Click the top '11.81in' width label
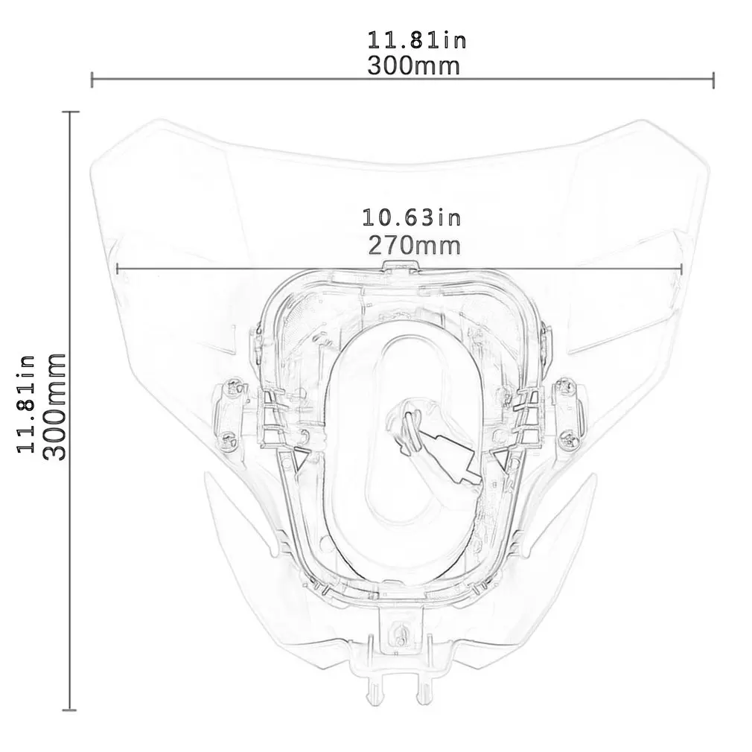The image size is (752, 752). tap(416, 39)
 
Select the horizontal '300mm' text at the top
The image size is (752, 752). tap(414, 66)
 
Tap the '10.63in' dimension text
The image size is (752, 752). tap(412, 217)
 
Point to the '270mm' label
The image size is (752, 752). tap(414, 244)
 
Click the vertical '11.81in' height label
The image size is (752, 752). tap(27, 403)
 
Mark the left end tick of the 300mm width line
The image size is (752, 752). tap(92, 80)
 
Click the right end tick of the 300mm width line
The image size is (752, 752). tap(713, 80)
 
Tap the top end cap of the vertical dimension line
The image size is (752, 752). tap(70, 112)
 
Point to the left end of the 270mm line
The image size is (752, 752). tap(118, 268)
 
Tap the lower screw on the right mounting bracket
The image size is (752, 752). tap(570, 441)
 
